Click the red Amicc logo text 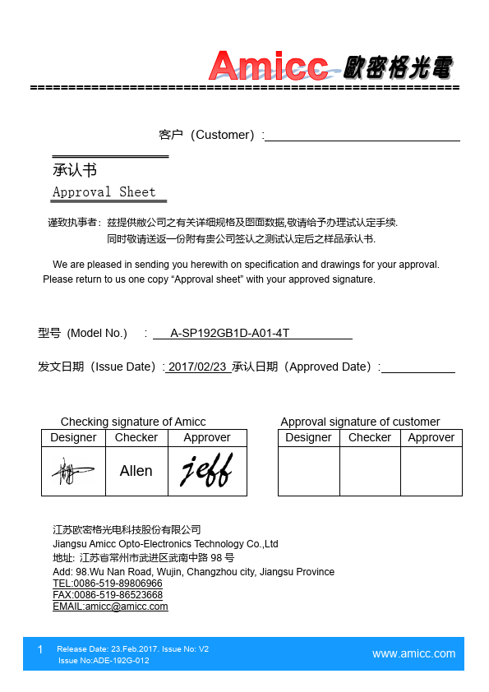(267, 65)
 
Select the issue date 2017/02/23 (197, 367)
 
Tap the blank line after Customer (362, 136)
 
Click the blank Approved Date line (417, 367)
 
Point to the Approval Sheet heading (104, 192)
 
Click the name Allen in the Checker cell (136, 471)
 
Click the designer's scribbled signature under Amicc (73, 471)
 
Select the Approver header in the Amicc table (207, 438)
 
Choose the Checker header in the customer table (370, 438)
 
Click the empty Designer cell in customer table (308, 471)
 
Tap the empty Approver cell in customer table (431, 471)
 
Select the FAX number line (108, 595)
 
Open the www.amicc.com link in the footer (413, 654)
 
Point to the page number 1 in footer (39, 650)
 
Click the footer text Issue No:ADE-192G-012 (104, 661)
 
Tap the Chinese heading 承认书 (75, 170)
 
